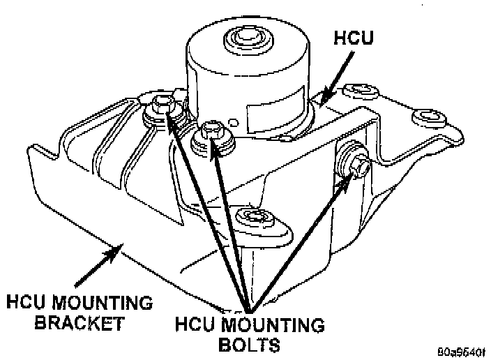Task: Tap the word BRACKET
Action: (x=66, y=324)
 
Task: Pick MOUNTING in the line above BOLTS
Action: (x=271, y=325)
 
